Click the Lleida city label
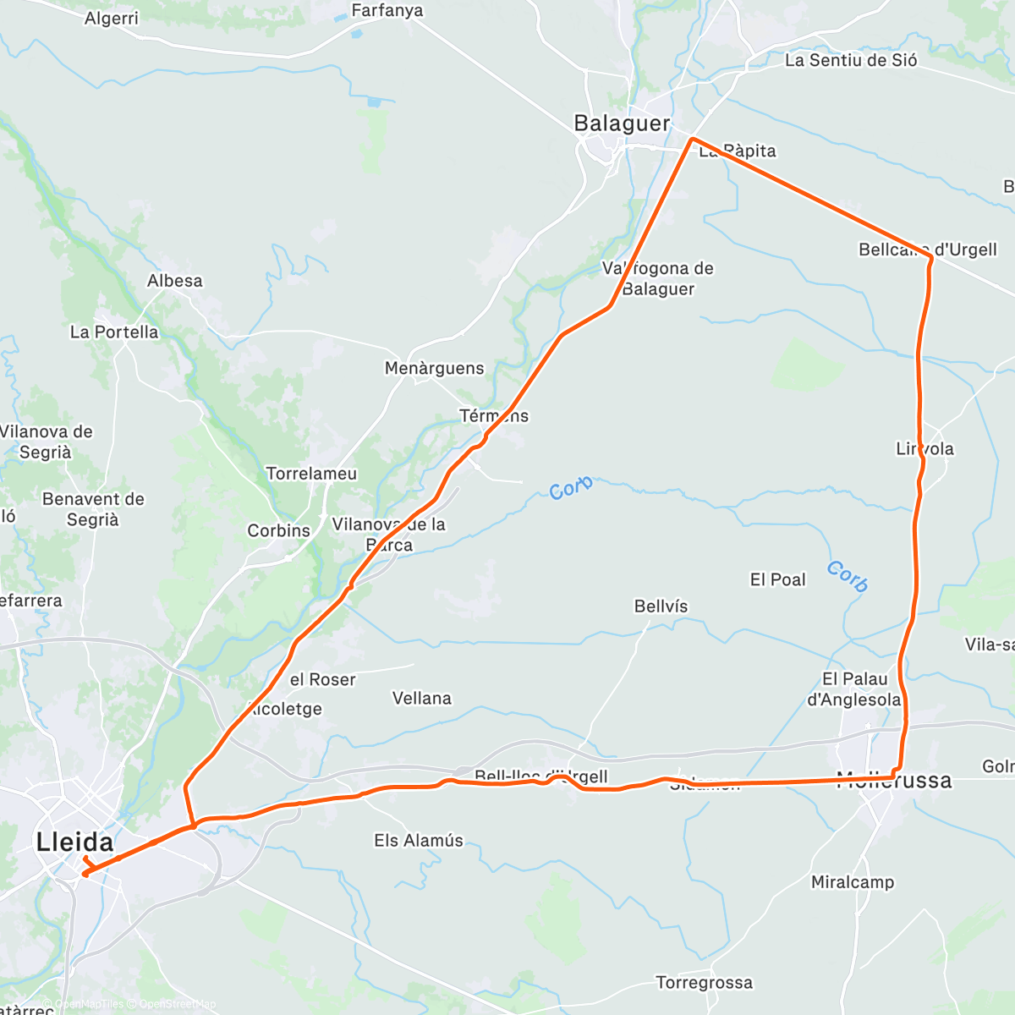(x=74, y=842)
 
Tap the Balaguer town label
(x=622, y=123)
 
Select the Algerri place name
(x=111, y=18)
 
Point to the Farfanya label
(x=387, y=11)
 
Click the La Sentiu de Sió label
(x=850, y=60)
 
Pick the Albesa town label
(x=174, y=281)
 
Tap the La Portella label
(x=114, y=332)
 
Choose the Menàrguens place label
(x=434, y=368)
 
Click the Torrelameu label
(x=311, y=474)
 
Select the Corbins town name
(x=278, y=530)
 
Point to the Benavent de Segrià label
(x=93, y=509)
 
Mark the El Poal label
(x=777, y=579)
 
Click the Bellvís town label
(x=661, y=606)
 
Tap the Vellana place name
(x=421, y=698)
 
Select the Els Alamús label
(x=419, y=841)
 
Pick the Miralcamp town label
(x=852, y=882)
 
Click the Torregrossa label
(x=704, y=983)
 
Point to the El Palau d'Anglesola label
(x=853, y=689)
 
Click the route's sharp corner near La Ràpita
(x=693, y=138)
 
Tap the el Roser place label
(x=322, y=679)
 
